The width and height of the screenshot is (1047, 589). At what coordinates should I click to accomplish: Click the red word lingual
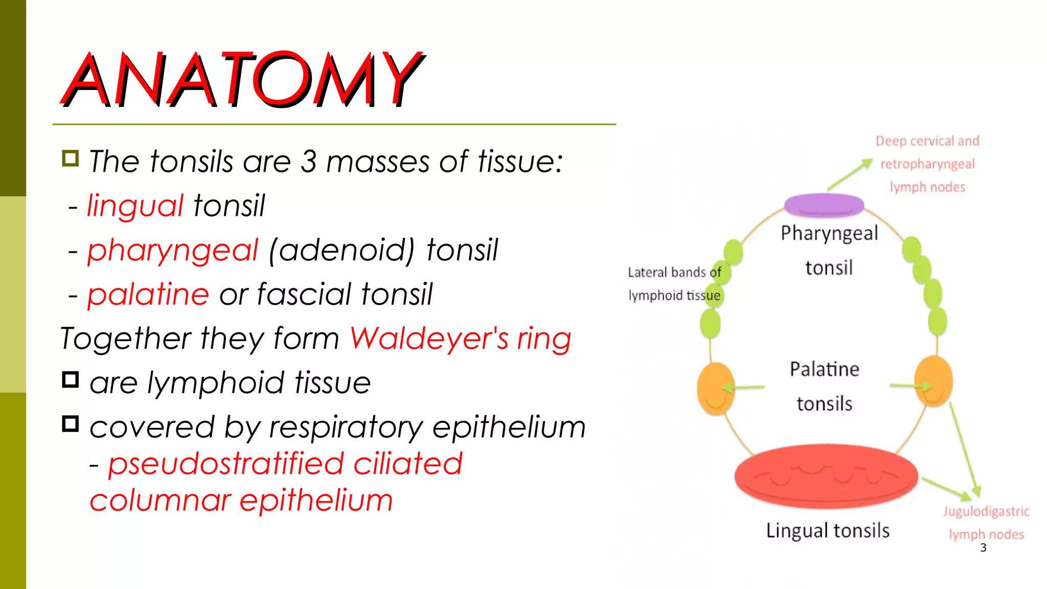135,206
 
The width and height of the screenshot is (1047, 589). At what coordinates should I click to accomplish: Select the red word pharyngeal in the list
173,250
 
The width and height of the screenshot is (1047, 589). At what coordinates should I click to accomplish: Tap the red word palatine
148,294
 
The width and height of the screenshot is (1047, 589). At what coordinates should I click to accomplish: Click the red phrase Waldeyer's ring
460,338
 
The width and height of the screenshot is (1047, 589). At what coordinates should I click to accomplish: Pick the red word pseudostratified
225,464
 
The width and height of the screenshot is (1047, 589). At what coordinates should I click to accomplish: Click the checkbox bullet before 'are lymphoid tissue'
71,380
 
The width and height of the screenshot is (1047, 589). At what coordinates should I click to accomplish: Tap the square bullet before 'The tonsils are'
71,158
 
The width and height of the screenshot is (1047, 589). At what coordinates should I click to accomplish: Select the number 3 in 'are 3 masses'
308,162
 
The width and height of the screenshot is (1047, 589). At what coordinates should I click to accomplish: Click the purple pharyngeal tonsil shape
824,205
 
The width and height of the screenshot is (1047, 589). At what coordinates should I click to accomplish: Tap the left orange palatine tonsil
716,389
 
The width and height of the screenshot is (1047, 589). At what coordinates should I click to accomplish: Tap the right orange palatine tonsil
934,381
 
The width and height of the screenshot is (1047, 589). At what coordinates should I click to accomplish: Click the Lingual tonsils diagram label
828,531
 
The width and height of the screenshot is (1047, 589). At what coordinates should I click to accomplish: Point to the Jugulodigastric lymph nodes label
986,523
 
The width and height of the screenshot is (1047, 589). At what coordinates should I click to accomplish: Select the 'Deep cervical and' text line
927,141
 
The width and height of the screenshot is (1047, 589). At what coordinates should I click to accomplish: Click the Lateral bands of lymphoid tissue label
674,284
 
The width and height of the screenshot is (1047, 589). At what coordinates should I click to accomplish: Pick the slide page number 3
983,548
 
